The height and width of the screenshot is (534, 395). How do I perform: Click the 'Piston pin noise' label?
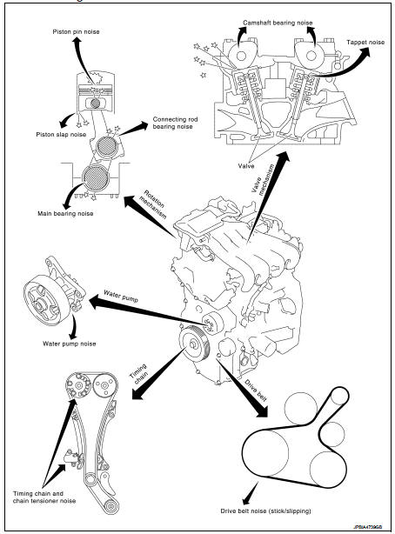coord(76,31)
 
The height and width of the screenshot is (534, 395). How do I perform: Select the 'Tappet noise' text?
coord(365,43)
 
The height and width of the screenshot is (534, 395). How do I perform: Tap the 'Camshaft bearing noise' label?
coord(278,23)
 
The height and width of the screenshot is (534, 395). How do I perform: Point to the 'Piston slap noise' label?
coord(61,135)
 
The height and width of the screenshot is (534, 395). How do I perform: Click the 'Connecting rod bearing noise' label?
coord(175,123)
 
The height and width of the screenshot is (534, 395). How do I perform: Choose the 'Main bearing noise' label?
coord(65,214)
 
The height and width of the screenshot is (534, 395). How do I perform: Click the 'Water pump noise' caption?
coord(70,344)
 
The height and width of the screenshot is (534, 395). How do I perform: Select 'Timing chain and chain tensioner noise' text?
coord(44,497)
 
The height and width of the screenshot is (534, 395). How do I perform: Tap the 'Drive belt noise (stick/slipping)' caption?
coord(266,511)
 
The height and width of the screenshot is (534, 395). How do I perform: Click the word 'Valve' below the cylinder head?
coord(246,166)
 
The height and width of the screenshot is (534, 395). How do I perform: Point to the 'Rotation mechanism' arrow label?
coord(152,204)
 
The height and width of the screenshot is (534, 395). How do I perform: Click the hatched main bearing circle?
coord(96,177)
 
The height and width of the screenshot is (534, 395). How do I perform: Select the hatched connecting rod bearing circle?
coord(107,147)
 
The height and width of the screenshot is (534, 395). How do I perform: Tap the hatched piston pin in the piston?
coord(96,103)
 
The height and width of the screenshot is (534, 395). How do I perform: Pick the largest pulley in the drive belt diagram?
coord(266,452)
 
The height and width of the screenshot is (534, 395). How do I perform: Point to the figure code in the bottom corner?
coord(367,526)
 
